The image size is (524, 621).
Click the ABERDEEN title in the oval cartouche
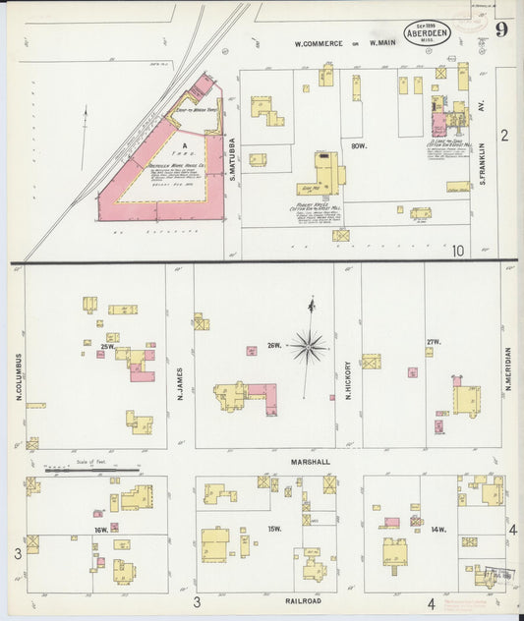click(x=428, y=32)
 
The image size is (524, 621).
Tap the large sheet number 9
click(x=500, y=28)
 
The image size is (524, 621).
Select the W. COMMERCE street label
click(x=316, y=44)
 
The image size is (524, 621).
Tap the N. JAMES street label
click(x=180, y=382)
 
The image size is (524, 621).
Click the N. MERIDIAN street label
click(x=508, y=369)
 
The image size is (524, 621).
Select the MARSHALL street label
click(x=309, y=460)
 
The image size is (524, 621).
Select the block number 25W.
click(x=107, y=346)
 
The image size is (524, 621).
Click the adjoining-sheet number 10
click(x=458, y=252)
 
